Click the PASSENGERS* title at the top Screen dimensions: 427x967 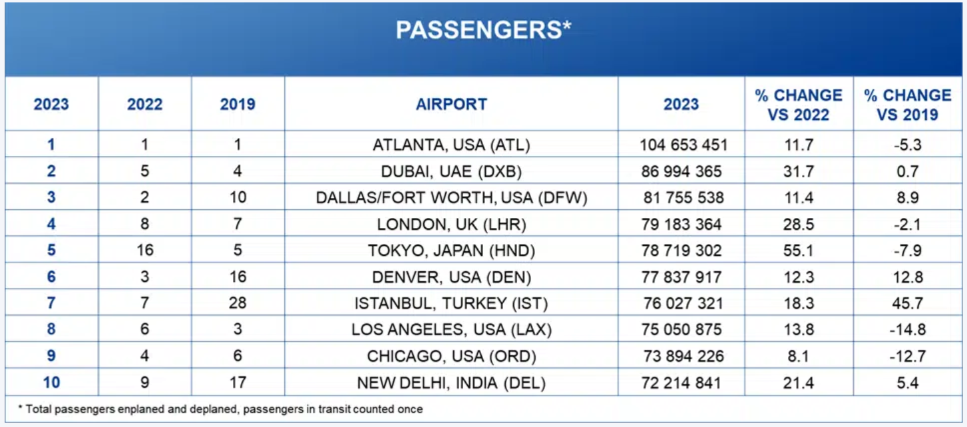coord(484,30)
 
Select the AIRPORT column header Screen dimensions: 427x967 coord(451,105)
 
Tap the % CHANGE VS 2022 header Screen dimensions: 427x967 coord(799,105)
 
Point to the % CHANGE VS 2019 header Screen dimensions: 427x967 coord(908,105)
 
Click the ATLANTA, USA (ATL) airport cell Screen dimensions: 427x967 coord(451,145)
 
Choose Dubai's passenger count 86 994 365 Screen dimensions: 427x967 coord(681,171)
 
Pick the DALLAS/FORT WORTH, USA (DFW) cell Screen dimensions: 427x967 coord(451,198)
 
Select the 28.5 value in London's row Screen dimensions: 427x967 coord(799,224)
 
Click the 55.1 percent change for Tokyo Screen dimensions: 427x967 coord(799,250)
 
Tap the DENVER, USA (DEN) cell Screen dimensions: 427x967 coord(451,277)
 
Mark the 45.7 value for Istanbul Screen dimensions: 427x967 coord(908,304)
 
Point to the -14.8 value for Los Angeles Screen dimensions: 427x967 coord(908,330)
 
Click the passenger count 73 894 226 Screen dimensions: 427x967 coord(681,356)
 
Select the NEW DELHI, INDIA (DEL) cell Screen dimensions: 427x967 coord(451,383)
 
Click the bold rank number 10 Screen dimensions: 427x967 coord(51,383)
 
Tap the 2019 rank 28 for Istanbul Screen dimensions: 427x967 coord(238,304)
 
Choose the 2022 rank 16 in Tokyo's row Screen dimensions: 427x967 coord(144,250)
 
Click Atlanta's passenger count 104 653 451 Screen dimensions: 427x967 coord(681,145)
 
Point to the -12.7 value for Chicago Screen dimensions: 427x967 coord(908,356)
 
